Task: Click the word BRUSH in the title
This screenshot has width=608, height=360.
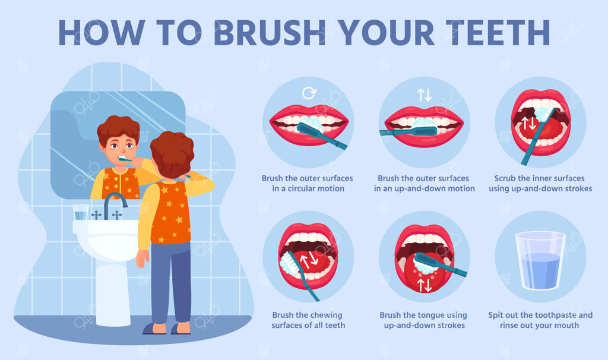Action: coord(270,33)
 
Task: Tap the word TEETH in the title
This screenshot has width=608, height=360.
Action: coord(498,33)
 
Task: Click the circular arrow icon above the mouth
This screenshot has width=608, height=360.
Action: coord(309,93)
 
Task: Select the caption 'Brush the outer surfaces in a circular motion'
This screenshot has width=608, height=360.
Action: coord(308,184)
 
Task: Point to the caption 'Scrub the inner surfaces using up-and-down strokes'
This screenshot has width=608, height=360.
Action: coord(540,184)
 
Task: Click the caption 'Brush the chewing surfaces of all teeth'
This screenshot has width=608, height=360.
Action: coord(308,320)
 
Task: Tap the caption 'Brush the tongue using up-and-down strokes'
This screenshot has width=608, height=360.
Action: coord(424,320)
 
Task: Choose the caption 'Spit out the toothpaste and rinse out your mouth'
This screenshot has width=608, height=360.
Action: coord(540,320)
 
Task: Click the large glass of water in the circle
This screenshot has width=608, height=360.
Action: coord(540,260)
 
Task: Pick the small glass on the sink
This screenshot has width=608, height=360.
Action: coord(81,212)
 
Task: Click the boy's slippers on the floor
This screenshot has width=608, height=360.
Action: coord(166,329)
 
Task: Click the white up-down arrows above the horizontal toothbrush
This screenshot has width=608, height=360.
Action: coord(424,94)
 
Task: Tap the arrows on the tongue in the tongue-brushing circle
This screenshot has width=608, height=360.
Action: coord(425,285)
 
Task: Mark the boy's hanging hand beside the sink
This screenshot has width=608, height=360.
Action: coord(142,258)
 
